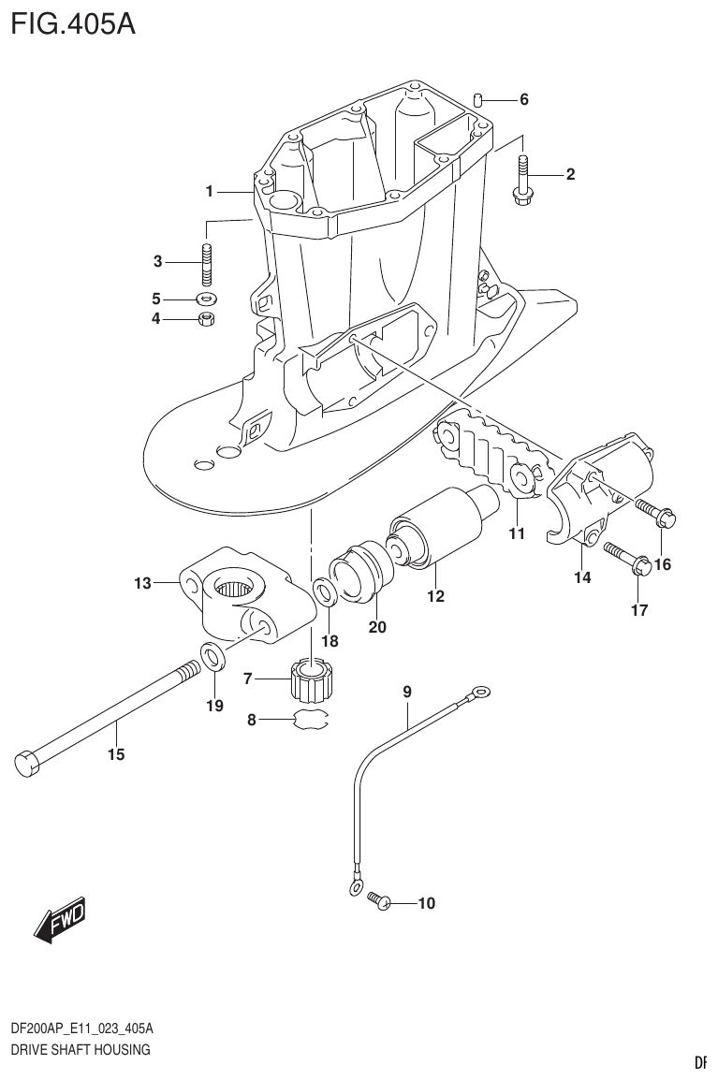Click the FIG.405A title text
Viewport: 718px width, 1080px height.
[x=73, y=22]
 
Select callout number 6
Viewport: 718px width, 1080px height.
[x=524, y=99]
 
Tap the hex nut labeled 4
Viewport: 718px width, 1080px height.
[x=208, y=320]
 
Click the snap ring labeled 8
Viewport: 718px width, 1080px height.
[x=311, y=720]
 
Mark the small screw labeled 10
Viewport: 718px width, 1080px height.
[x=379, y=900]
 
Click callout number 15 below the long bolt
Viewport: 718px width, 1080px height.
[x=116, y=754]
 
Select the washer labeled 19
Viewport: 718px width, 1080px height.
[x=213, y=658]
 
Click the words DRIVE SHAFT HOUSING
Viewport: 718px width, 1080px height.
[x=80, y=1050]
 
